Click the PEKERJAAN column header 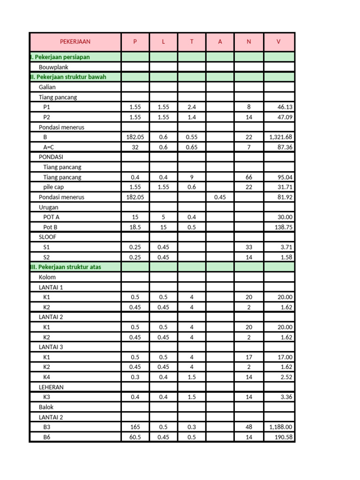[x=75, y=42]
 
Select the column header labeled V [x=279, y=42]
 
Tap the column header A [x=220, y=42]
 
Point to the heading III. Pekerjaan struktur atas [x=65, y=267]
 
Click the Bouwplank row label [x=53, y=67]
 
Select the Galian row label [x=47, y=87]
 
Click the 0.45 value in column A [x=220, y=197]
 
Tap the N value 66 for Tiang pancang [x=249, y=177]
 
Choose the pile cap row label [x=53, y=187]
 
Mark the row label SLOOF [x=47, y=237]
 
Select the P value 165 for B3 [x=135, y=427]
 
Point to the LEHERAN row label [x=51, y=387]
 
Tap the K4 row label [x=47, y=377]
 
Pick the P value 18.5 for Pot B [x=135, y=227]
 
